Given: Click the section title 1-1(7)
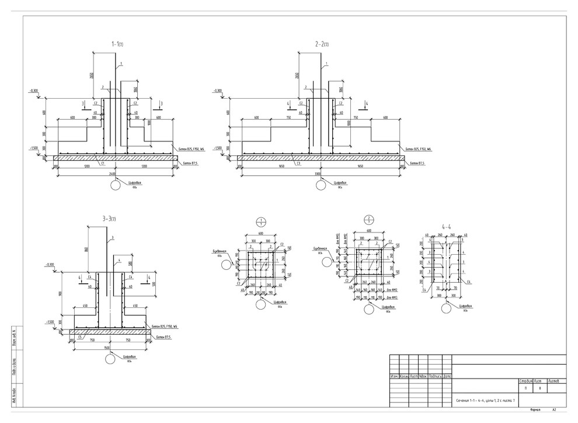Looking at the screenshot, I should [x=117, y=44].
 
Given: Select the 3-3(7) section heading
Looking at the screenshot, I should [x=110, y=219].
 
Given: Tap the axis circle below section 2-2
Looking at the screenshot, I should [x=321, y=185].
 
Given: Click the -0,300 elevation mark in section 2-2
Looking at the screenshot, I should [x=217, y=91].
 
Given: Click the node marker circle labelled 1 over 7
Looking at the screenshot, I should [x=262, y=222].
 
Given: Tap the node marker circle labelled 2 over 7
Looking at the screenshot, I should [x=368, y=220].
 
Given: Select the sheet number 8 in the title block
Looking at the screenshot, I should [x=541, y=387].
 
